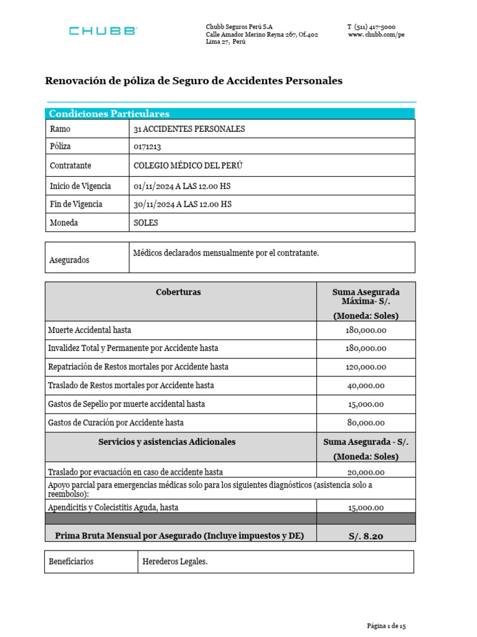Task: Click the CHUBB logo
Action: [103, 31]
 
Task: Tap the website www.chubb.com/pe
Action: [376, 35]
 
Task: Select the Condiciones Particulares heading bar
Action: [230, 113]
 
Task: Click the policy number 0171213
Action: [152, 147]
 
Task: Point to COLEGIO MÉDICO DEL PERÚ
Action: [188, 166]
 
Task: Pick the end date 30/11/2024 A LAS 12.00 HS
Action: [183, 204]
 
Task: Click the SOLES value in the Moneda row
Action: [146, 223]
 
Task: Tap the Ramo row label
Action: [60, 129]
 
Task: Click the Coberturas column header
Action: [178, 292]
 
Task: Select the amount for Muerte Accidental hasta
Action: [366, 330]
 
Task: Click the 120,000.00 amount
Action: [366, 367]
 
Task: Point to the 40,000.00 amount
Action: [366, 386]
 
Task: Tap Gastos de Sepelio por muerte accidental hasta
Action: [126, 404]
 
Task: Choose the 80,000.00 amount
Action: [366, 423]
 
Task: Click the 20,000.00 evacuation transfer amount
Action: [366, 472]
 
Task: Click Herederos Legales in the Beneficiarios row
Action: [175, 562]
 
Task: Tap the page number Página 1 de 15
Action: [386, 626]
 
